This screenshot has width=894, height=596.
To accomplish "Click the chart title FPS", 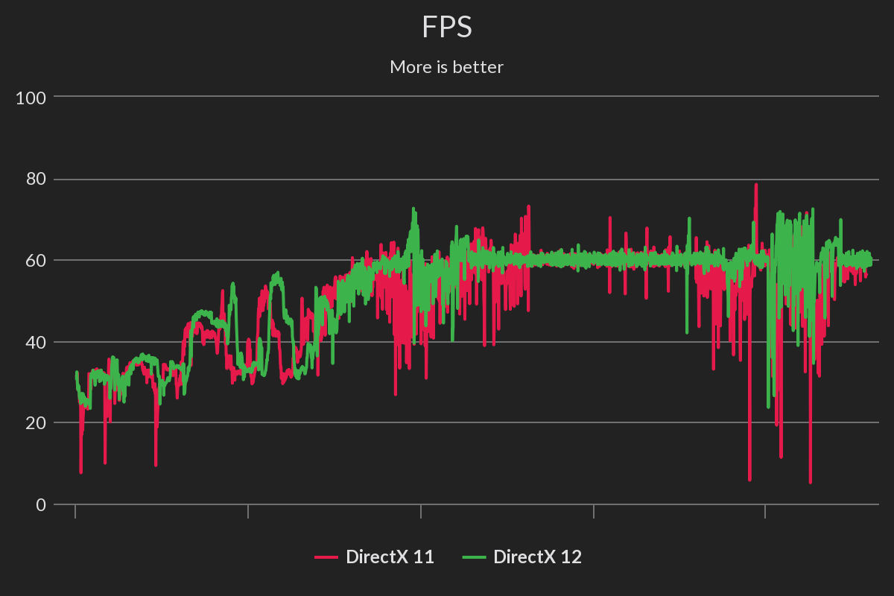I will click(x=446, y=28).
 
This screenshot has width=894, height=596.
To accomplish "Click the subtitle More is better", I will click(x=446, y=67).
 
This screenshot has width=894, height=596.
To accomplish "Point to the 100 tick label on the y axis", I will click(x=31, y=97).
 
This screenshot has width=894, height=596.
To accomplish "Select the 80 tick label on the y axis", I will click(x=35, y=179).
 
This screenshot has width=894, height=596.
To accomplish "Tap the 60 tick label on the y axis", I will click(x=35, y=261).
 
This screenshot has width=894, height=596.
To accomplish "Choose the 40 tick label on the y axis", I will click(x=35, y=342).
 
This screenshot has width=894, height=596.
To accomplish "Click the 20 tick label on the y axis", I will click(x=35, y=423).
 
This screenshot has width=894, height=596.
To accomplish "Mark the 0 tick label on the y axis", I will click(x=40, y=504).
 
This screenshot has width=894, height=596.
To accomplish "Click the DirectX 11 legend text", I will click(x=390, y=557).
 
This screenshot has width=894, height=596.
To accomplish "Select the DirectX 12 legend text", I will click(x=537, y=557).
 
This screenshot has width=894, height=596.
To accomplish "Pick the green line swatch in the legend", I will click(x=474, y=557).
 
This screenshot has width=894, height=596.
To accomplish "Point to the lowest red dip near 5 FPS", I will click(x=810, y=481).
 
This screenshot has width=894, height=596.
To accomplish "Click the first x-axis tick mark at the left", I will click(x=75, y=511).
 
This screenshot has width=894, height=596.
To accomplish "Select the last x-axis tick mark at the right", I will click(x=766, y=511).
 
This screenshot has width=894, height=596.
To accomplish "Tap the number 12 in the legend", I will click(x=571, y=557).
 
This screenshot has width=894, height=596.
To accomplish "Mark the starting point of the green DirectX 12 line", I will click(x=76, y=372).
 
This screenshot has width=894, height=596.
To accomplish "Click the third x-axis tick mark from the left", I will click(x=421, y=511).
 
